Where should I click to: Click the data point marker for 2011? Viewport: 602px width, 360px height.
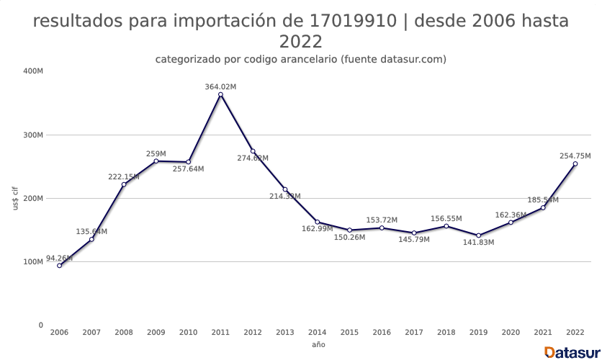point(220,94)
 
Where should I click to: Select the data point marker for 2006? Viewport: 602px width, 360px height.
point(59,266)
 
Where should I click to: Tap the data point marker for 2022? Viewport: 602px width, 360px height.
point(575,163)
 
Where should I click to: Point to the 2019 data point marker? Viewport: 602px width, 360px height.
point(478,235)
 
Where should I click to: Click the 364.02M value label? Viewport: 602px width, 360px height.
point(220,86)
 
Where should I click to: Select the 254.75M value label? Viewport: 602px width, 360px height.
point(575,156)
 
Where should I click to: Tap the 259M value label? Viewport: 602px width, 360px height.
point(156,153)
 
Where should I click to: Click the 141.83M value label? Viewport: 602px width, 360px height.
point(478,243)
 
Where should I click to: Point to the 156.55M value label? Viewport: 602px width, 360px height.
point(446,218)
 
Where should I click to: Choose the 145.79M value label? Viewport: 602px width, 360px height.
point(413,240)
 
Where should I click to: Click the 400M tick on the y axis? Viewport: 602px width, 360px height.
point(33,71)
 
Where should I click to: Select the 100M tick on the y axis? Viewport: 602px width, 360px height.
point(33,262)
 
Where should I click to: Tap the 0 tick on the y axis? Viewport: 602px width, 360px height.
point(40,325)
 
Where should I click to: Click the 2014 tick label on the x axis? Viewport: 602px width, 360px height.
point(317,333)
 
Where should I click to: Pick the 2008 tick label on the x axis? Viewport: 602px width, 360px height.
point(123,333)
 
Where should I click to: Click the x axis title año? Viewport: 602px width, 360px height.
point(318,345)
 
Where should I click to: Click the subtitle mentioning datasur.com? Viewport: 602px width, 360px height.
point(300,59)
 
